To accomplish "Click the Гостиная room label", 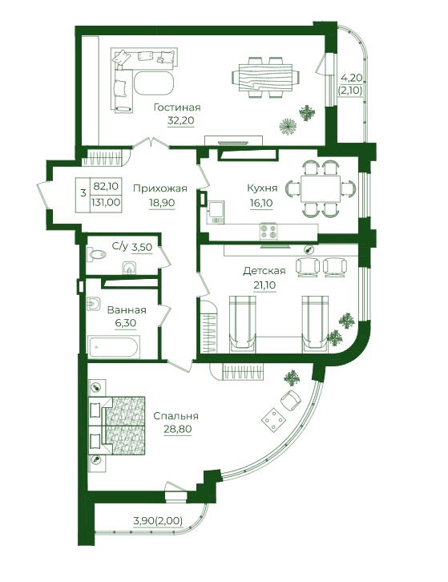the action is pyautogui.click(x=177, y=107).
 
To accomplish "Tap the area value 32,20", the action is pyautogui.click(x=181, y=121).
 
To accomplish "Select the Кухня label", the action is pyautogui.click(x=262, y=188).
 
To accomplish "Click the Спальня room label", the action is pyautogui.click(x=176, y=416).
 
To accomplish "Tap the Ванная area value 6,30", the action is pyautogui.click(x=126, y=323).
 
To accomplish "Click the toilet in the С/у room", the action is pyautogui.click(x=96, y=254).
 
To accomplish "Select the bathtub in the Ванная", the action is pyautogui.click(x=113, y=347).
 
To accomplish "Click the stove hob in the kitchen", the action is pyautogui.click(x=268, y=231).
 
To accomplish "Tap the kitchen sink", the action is pyautogui.click(x=216, y=212).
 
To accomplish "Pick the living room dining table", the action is pyautogui.click(x=265, y=78).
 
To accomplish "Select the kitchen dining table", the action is pyautogui.click(x=321, y=188).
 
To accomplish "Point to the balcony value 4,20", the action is pyautogui.click(x=351, y=78).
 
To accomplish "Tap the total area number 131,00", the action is pyautogui.click(x=107, y=202).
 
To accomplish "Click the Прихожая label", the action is pyautogui.click(x=160, y=188).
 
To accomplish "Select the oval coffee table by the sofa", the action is pyautogui.click(x=154, y=83).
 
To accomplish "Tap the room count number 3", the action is pyautogui.click(x=83, y=193).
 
